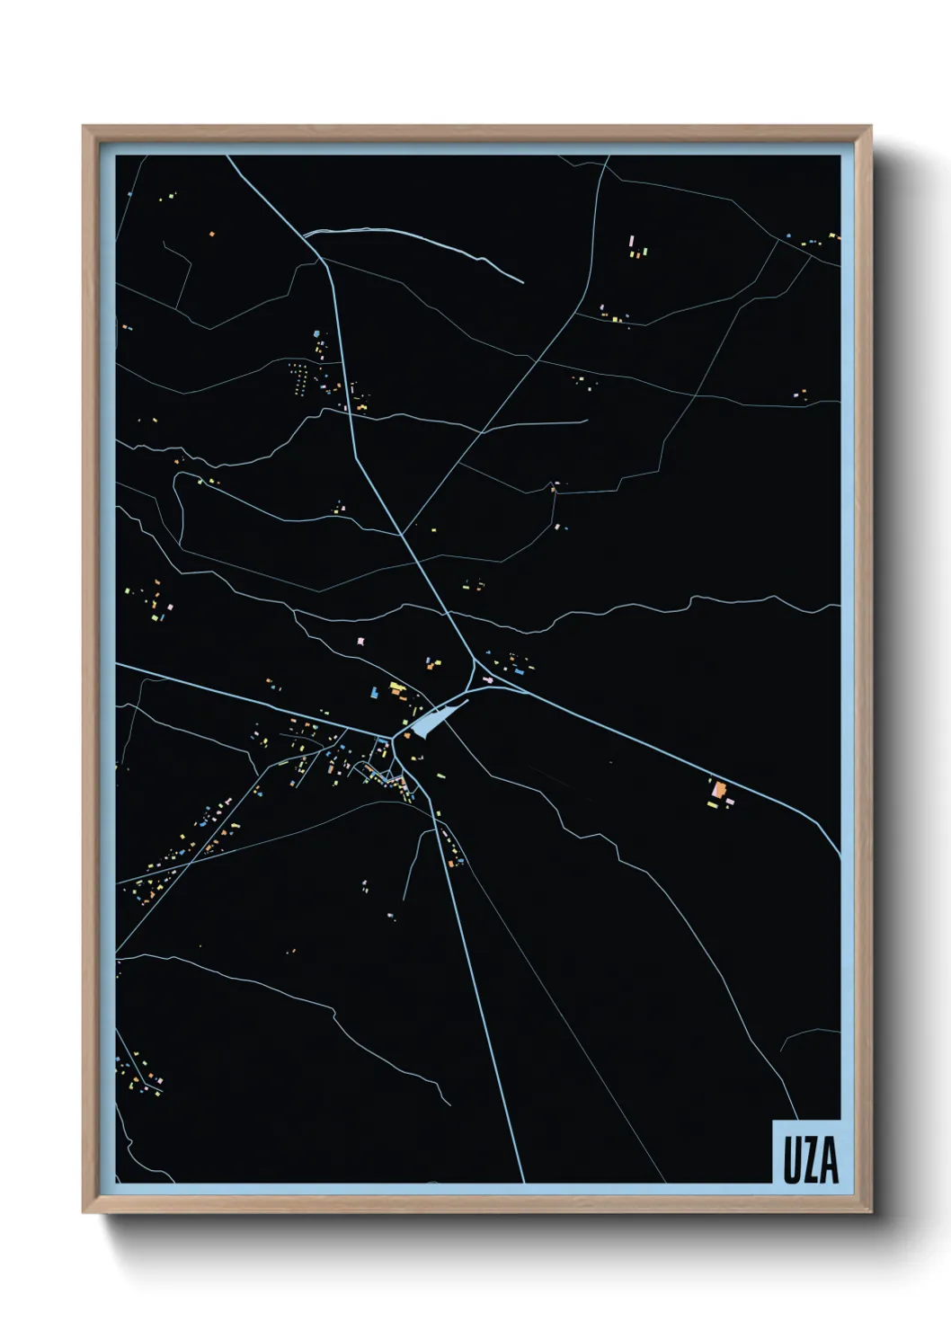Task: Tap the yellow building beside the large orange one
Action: point(713,804)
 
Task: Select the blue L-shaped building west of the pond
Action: point(374,693)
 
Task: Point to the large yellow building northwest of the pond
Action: point(396,688)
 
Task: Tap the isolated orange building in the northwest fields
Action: point(212,234)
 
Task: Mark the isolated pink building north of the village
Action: point(362,640)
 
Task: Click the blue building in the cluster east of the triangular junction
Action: point(520,670)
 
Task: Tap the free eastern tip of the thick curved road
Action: point(522,282)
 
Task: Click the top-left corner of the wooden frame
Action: point(83,127)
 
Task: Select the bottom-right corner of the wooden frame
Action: point(871,1212)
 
